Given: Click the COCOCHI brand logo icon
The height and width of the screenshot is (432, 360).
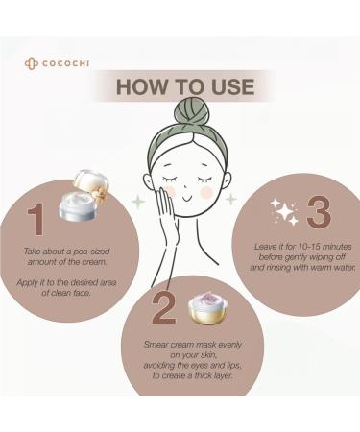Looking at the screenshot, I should (30, 63).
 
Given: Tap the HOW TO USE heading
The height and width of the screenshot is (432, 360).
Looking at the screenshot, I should (184, 86).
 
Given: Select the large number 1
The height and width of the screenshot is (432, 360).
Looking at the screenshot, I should (36, 219).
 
